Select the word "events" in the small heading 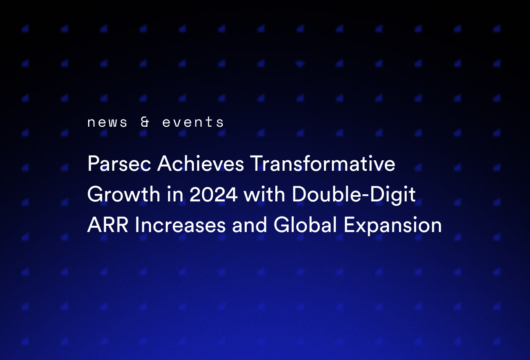[x=193, y=123]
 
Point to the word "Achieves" [x=201, y=164]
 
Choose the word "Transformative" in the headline [x=323, y=164]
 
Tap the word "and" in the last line [x=249, y=226]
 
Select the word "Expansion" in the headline [x=393, y=226]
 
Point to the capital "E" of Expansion [x=349, y=226]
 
